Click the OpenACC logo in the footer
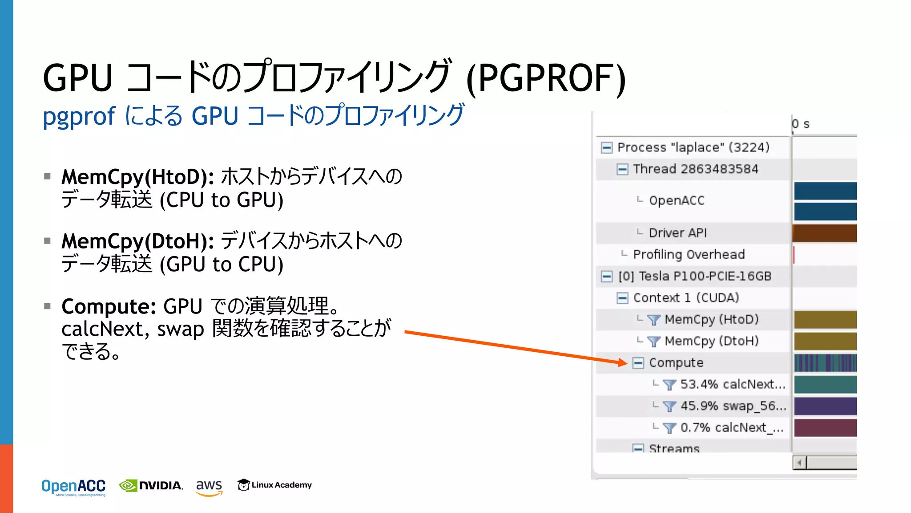(x=73, y=487)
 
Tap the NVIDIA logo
(x=151, y=485)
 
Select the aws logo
(x=209, y=487)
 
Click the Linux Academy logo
(x=274, y=485)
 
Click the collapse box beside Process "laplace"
(x=606, y=147)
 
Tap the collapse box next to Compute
(x=638, y=362)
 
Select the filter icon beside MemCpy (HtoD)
(x=653, y=320)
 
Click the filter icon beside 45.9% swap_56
(x=669, y=406)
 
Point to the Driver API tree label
(x=677, y=233)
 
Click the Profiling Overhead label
(x=689, y=254)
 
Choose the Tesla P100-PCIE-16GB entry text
(x=705, y=276)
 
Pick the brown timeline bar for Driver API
(x=825, y=233)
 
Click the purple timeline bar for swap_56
(x=825, y=406)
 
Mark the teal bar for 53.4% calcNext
(x=825, y=384)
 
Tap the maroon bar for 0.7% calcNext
(x=825, y=428)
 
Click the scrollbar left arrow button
(x=799, y=463)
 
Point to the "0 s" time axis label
(x=801, y=124)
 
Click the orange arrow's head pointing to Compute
(x=623, y=362)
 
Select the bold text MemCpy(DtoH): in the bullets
(x=137, y=241)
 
